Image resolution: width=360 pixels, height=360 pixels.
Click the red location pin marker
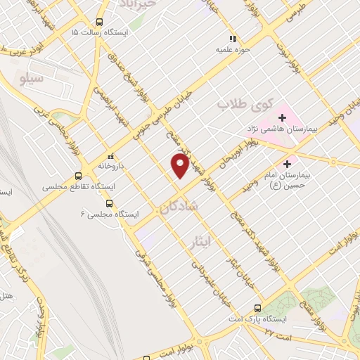pos(181,165)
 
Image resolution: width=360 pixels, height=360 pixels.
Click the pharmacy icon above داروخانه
pos(109,155)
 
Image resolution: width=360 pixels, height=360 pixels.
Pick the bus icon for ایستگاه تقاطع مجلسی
pos(78,176)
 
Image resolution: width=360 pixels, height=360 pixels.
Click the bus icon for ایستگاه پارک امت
pos(257,308)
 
